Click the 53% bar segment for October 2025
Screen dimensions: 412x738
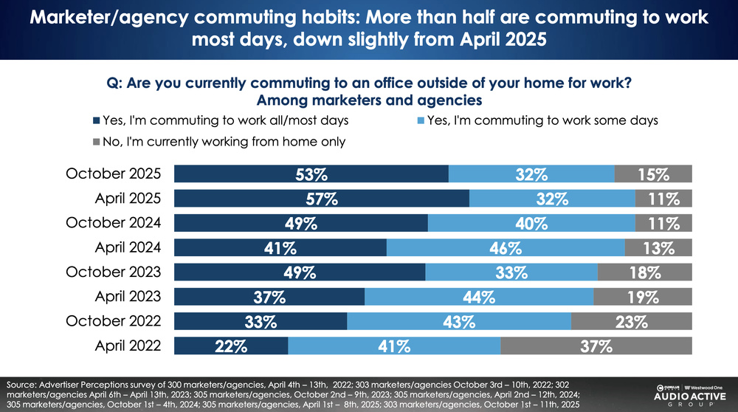tap(311, 174)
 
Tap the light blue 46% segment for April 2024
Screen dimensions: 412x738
tap(505, 247)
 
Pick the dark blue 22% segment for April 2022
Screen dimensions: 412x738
tap(230, 346)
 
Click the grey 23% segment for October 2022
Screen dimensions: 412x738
tap(631, 321)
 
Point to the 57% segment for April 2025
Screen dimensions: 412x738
tap(321, 198)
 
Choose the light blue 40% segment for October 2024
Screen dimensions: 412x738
tap(531, 223)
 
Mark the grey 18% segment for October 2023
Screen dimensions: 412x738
tap(644, 272)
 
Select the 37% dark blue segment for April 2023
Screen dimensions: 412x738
tap(269, 297)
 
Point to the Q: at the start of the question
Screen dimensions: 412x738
tap(115, 83)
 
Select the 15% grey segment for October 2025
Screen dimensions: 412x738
tap(653, 174)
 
